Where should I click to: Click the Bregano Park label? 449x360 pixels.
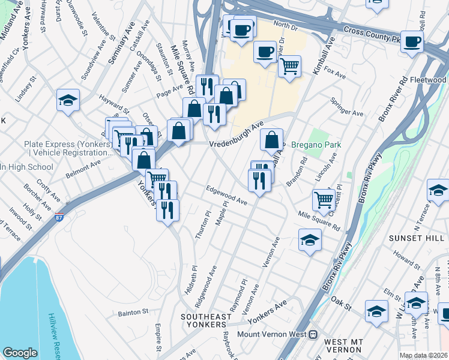click(x=316, y=145)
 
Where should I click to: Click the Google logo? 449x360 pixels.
click(x=20, y=353)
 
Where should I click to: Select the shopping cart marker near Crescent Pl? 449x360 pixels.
click(x=324, y=199)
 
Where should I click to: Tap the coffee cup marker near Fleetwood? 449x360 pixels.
click(x=412, y=41)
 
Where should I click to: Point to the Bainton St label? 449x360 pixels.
click(x=133, y=312)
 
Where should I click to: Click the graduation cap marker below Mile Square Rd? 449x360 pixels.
click(x=310, y=241)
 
